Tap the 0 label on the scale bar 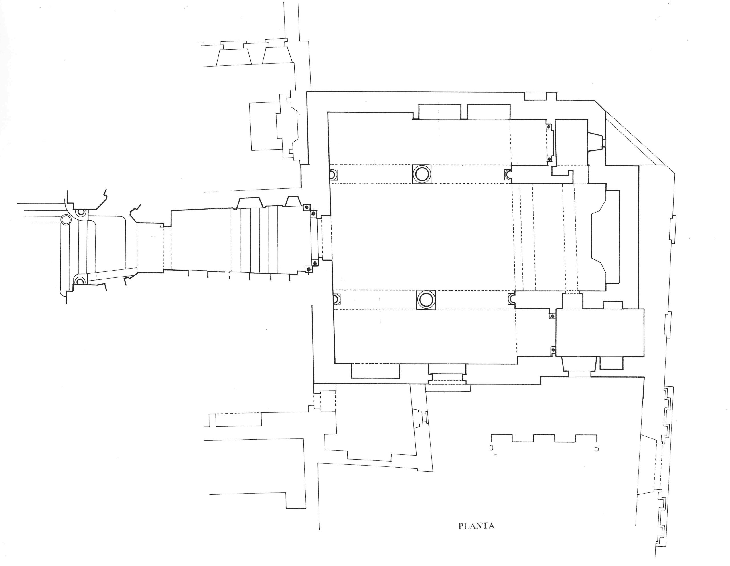coord(491,448)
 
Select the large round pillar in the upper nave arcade coord(421,174)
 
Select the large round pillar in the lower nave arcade coord(426,299)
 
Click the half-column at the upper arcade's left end coord(333,175)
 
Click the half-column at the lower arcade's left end coord(336,299)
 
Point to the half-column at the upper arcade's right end coord(508,174)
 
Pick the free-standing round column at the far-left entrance coord(66,220)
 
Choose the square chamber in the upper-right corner coord(571,142)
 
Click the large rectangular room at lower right coord(600,333)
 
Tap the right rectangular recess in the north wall coord(488,112)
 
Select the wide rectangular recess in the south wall coord(376,371)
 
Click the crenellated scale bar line coord(544,438)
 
